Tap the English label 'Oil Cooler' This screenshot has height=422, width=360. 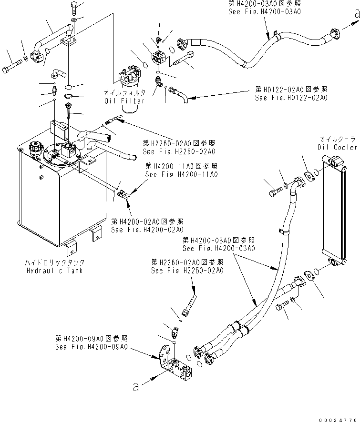coord(338,147)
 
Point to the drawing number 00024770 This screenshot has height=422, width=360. coord(338,418)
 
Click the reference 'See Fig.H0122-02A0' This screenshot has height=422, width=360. coord(291,98)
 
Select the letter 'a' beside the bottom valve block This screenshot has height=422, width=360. coord(136,387)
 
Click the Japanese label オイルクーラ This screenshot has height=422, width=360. coord(338,139)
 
